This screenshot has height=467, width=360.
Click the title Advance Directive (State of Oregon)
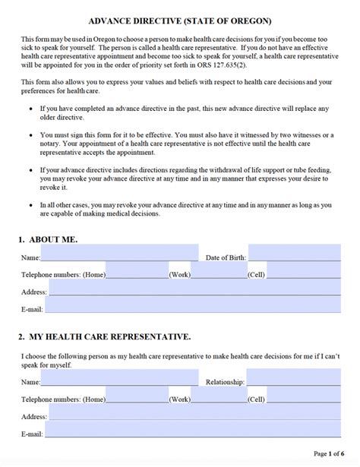(x=180, y=21)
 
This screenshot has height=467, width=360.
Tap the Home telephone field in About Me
(x=137, y=270)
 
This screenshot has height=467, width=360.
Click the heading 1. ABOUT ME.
(x=48, y=238)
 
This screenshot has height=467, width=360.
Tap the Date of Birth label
(x=226, y=257)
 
